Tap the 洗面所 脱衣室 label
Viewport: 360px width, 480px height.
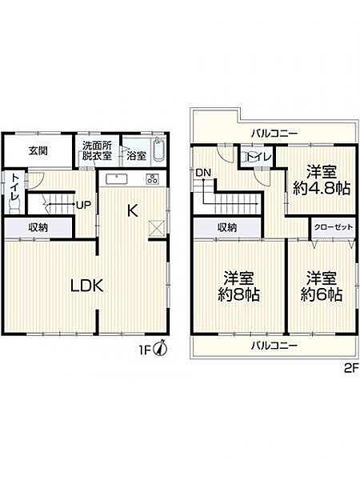(98, 150)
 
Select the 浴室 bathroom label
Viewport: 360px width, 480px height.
(136, 156)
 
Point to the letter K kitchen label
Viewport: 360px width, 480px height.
(133, 211)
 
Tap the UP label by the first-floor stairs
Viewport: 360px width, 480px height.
(82, 204)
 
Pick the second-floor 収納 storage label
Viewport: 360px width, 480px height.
(226, 228)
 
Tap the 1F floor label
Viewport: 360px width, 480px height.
(145, 349)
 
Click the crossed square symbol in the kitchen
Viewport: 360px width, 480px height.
(158, 228)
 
